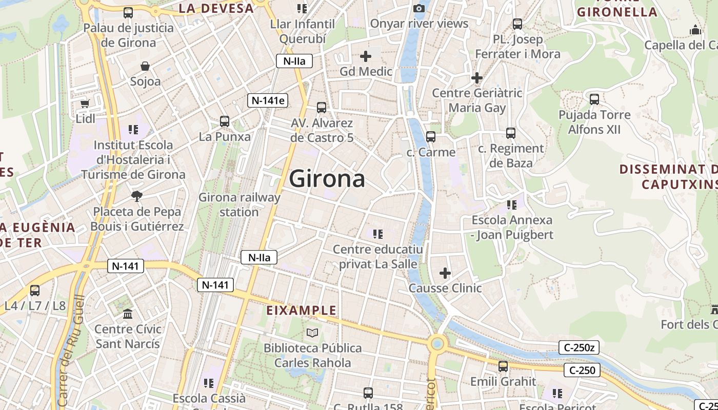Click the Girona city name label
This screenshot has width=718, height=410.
coord(327,178)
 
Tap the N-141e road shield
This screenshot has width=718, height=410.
coord(267,100)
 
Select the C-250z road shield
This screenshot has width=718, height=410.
coord(579,348)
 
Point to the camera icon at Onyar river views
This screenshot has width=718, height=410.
coord(419,8)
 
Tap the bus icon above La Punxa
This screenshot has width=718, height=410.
coord(225,121)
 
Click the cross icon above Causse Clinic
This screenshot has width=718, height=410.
coord(445,273)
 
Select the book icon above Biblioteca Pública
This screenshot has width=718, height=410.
coord(312,333)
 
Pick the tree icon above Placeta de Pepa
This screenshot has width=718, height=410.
coord(136,196)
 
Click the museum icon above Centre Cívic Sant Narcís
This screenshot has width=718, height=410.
coord(128,313)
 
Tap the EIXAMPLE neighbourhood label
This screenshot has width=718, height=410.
coord(302,310)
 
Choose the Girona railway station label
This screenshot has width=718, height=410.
coord(240,204)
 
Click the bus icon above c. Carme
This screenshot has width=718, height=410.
coord(431,137)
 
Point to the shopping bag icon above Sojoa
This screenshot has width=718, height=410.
coord(146,66)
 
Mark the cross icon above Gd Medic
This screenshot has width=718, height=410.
coord(366,56)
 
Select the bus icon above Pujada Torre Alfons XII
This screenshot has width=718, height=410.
coord(594,99)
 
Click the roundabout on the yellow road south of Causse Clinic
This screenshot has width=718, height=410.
coord(437,343)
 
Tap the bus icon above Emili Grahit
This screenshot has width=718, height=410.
coord(503,366)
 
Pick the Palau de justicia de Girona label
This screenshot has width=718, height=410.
coord(128,35)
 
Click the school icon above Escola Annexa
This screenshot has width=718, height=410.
coord(512,205)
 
